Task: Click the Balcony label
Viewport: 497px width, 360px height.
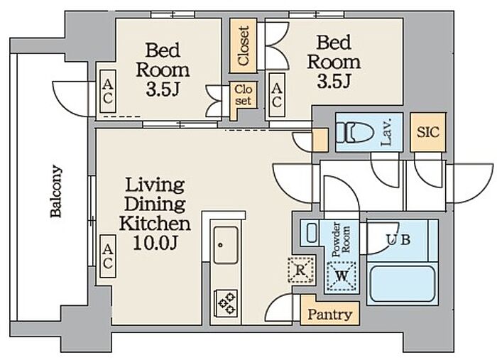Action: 56,191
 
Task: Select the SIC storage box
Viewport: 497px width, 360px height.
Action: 428,132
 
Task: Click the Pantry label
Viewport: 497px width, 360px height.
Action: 330,315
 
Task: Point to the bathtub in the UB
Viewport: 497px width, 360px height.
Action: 403,284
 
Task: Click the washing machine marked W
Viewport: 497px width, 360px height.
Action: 342,276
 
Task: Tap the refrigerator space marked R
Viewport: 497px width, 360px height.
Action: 301,270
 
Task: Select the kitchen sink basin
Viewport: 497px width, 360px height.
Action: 226,245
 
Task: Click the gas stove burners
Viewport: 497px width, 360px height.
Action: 226,302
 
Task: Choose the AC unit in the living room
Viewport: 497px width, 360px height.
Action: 108,256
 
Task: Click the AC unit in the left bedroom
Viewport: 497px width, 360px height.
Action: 108,92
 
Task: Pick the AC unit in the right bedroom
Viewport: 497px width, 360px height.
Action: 277,94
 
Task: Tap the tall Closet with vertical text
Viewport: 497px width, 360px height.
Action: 243,46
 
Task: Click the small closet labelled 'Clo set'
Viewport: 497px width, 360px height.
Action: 243,95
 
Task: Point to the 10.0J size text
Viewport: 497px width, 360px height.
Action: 155,244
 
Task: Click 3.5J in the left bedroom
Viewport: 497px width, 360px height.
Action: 163,89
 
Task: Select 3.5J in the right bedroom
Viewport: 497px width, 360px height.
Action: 334,82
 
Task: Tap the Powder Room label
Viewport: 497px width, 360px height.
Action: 341,240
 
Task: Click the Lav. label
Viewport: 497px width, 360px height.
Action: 387,132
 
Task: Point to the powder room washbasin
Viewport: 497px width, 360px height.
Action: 312,233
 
